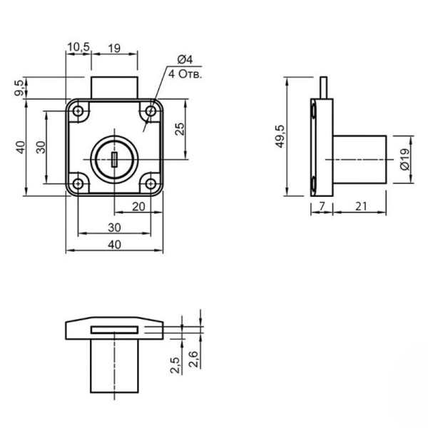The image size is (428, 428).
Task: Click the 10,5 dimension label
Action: (78, 47)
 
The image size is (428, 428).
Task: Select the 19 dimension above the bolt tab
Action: (114, 49)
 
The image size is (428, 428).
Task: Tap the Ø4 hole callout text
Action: (185, 59)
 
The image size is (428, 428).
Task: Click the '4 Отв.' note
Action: (185, 74)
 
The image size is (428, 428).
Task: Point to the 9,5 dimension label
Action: (20, 87)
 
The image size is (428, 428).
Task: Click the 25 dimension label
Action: (180, 129)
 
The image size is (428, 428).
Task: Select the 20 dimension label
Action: (138, 207)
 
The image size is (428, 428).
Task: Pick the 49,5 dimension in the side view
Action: (280, 136)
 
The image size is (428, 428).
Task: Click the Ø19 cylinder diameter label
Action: (404, 159)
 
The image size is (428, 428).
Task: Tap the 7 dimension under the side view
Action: (322, 206)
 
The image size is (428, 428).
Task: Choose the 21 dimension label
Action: (361, 206)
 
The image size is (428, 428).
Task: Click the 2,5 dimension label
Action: (175, 365)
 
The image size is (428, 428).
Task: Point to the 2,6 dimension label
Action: (193, 359)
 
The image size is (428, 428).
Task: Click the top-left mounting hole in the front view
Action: (78, 111)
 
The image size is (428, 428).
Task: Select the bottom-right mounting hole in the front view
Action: (151, 184)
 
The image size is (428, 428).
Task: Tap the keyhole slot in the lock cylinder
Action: (114, 159)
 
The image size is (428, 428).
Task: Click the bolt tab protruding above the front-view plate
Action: (114, 88)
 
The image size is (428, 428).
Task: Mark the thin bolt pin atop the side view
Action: (324, 88)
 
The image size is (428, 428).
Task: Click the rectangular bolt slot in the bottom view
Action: (114, 330)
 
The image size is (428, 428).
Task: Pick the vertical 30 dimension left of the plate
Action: (41, 148)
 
